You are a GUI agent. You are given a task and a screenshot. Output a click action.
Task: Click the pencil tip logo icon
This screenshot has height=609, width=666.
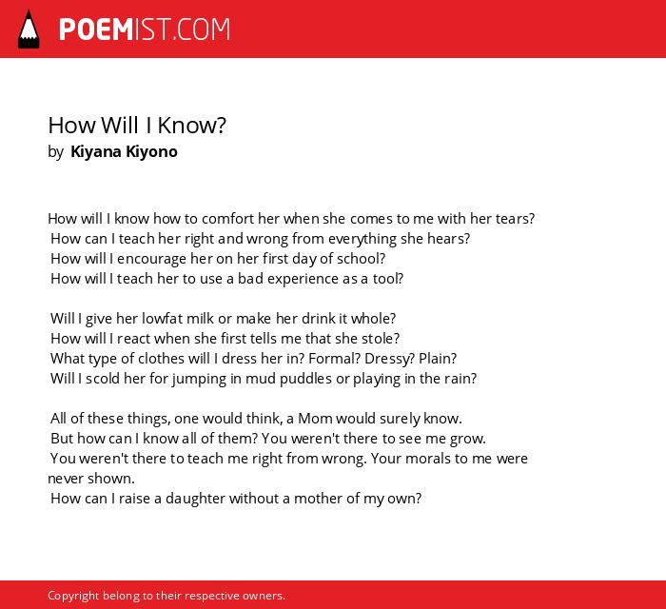tap(29, 29)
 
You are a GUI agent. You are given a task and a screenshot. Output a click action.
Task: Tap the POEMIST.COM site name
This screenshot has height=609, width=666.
tap(145, 29)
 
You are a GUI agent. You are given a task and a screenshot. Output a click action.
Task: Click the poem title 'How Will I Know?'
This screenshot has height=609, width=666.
tap(137, 126)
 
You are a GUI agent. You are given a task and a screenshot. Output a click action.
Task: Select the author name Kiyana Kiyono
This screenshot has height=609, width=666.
tap(124, 151)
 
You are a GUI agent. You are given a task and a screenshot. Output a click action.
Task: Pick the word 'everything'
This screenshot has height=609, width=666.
tap(362, 239)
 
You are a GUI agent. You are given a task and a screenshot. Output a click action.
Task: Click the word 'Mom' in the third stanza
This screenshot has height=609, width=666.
tap(315, 419)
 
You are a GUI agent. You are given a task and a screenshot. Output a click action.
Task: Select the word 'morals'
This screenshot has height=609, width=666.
tap(428, 459)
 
